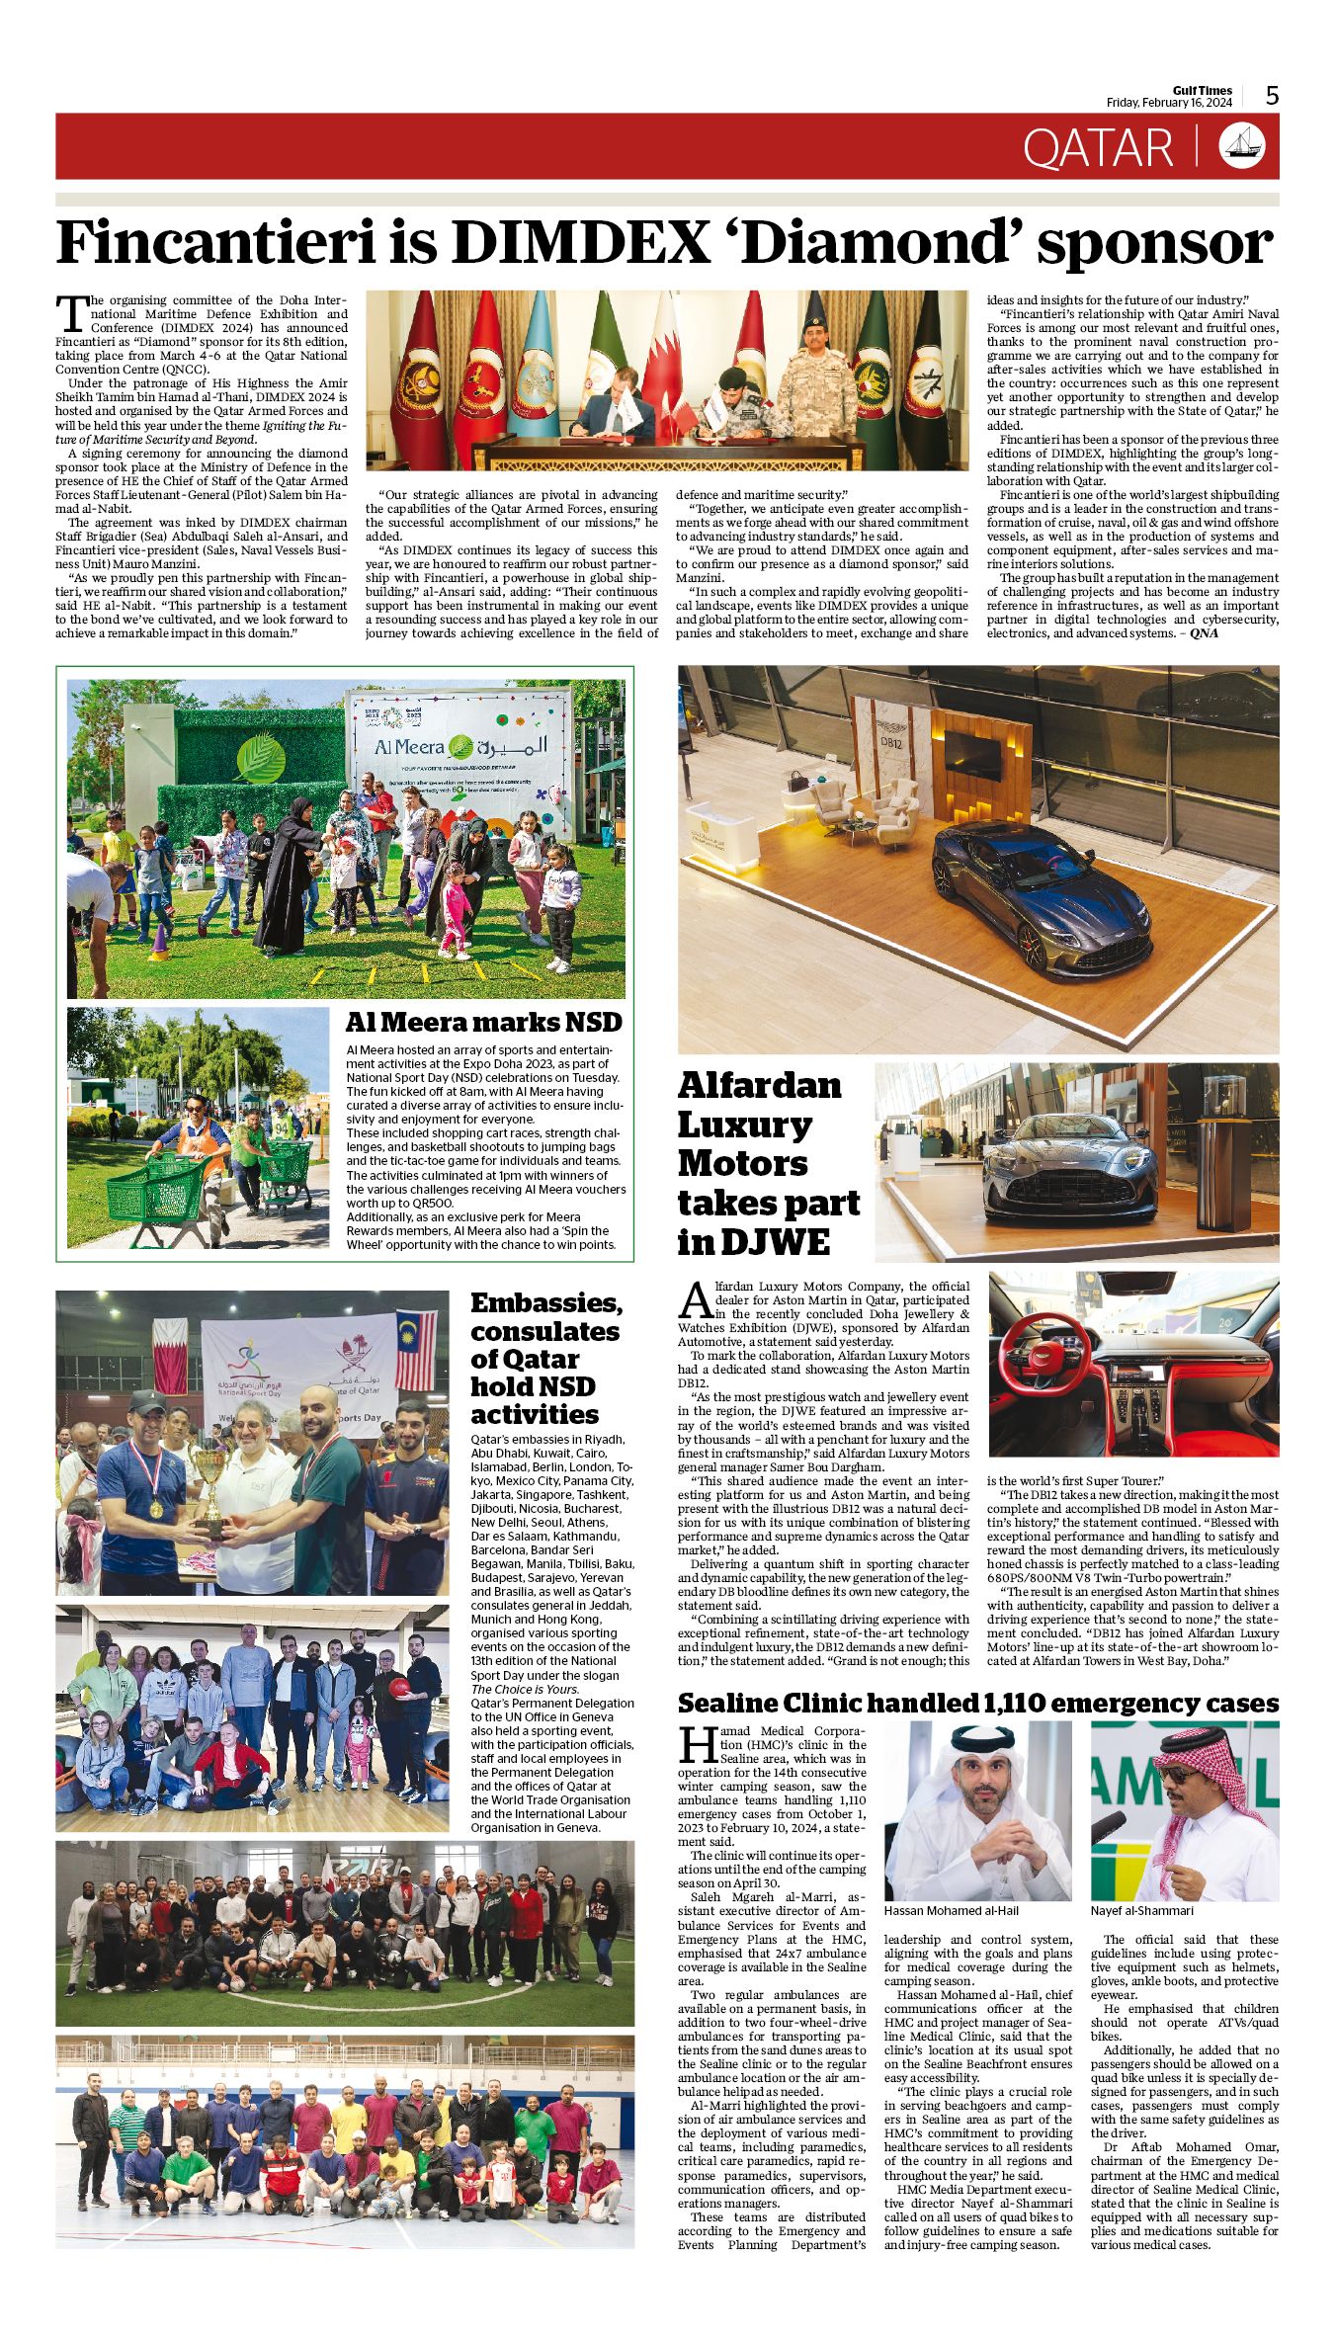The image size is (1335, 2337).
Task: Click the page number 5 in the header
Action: coord(1272,96)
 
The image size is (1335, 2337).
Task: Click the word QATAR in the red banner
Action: coord(1098,147)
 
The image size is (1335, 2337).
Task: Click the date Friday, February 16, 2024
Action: coord(1169,103)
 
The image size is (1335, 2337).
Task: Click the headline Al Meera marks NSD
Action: coord(483,1022)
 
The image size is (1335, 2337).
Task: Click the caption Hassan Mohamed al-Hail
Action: coord(951,1911)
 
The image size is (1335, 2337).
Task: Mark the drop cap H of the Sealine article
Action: coord(696,1744)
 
